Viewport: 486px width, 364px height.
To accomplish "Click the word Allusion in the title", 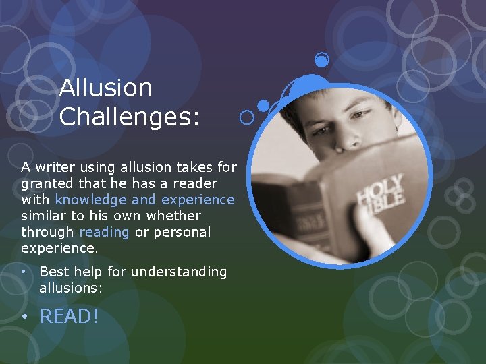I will point(105,88).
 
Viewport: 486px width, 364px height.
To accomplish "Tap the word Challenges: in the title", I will point(130,117).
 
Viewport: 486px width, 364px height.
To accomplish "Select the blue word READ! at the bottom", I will point(69,315).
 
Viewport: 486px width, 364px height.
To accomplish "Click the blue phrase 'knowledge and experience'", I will point(145,200).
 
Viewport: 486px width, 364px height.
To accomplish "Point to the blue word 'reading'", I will point(104,232).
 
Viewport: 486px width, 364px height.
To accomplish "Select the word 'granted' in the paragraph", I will point(46,183).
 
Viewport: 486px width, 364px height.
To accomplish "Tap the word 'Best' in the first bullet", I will point(53,272).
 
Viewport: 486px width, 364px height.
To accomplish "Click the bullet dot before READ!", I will point(26,315).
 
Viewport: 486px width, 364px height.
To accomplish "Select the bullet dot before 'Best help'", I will point(24,271).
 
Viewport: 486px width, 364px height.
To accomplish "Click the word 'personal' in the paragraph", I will point(184,232).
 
